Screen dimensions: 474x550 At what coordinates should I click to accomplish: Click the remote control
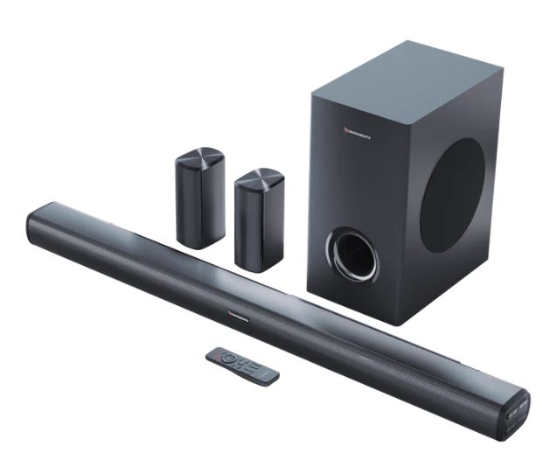click(x=242, y=364)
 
